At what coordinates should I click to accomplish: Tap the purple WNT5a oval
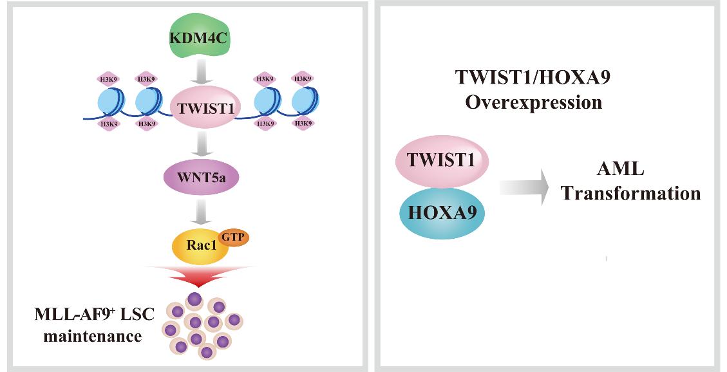tap(202, 177)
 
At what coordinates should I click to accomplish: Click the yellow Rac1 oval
tap(200, 245)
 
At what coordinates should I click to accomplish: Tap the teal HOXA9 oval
tap(441, 212)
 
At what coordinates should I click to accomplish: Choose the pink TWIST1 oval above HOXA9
tap(441, 160)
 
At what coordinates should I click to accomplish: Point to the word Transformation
tap(630, 193)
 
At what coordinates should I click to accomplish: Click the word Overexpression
tap(534, 102)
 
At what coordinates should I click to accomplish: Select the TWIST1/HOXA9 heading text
tap(533, 77)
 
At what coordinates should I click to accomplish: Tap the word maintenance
tap(93, 335)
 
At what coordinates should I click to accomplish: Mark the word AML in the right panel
tap(620, 169)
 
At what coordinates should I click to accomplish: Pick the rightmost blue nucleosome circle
tap(305, 102)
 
